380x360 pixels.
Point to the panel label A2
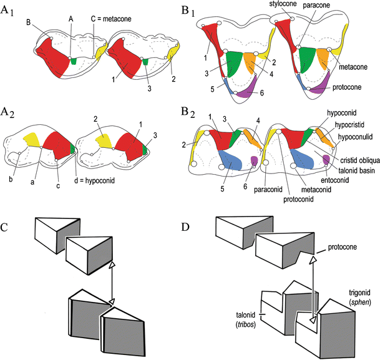(x=11, y=112)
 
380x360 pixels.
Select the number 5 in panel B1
(x=213, y=89)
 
